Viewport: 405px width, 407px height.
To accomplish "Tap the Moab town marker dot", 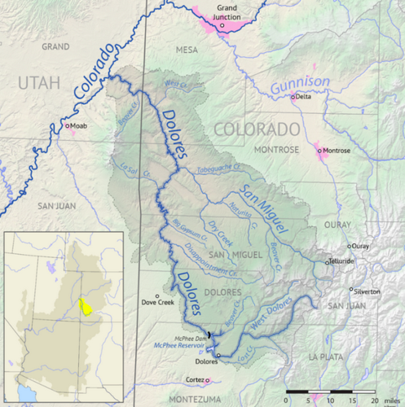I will pos(68,126).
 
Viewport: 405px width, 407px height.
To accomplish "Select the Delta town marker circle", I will pos(293,97).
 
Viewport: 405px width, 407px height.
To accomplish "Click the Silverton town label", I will pos(368,290).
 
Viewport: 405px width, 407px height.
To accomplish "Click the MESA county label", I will pos(187,50).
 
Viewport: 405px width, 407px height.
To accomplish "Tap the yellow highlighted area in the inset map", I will pos(83,308).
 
